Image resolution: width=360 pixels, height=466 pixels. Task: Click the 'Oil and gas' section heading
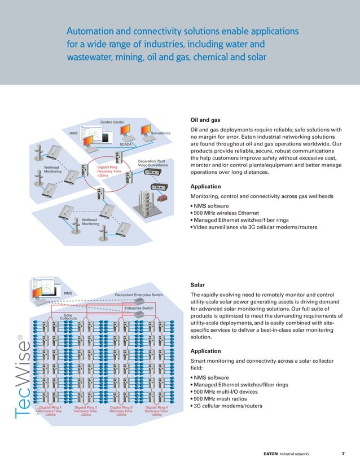pyautogui.click(x=205, y=120)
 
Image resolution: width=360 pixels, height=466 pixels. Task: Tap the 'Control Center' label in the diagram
pyautogui.click(x=112, y=122)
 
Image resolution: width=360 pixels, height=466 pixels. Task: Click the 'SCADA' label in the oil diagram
pyautogui.click(x=125, y=144)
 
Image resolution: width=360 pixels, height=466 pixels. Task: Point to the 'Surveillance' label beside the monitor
pyautogui.click(x=161, y=133)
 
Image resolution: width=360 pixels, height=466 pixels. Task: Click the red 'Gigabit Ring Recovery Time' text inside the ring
pyautogui.click(x=107, y=171)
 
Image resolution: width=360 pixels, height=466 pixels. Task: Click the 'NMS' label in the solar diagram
pyautogui.click(x=68, y=293)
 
